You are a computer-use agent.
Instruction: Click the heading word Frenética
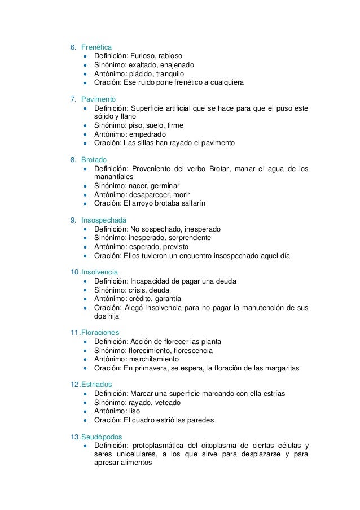tap(96, 46)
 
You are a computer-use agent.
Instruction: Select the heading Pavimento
tap(99, 99)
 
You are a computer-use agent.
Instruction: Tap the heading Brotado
tap(94, 160)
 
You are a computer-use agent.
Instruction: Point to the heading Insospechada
tap(104, 220)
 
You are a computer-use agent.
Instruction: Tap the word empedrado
tap(148, 134)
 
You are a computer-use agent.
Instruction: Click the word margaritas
tap(280, 368)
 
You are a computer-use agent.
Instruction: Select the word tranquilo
tap(166, 73)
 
